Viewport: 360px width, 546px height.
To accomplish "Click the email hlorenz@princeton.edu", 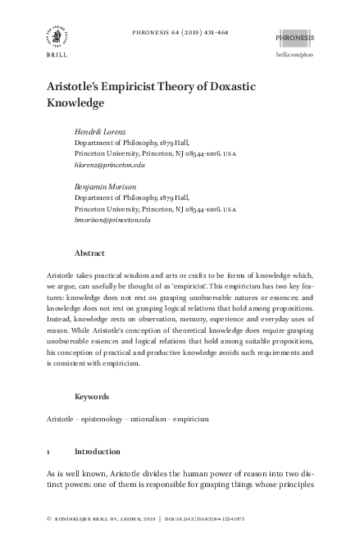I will (x=109, y=165).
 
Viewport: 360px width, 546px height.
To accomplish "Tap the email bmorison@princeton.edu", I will (x=112, y=219).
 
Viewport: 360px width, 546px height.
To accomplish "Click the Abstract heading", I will (x=89, y=253).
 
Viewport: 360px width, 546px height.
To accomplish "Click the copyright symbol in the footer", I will (x=51, y=519).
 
